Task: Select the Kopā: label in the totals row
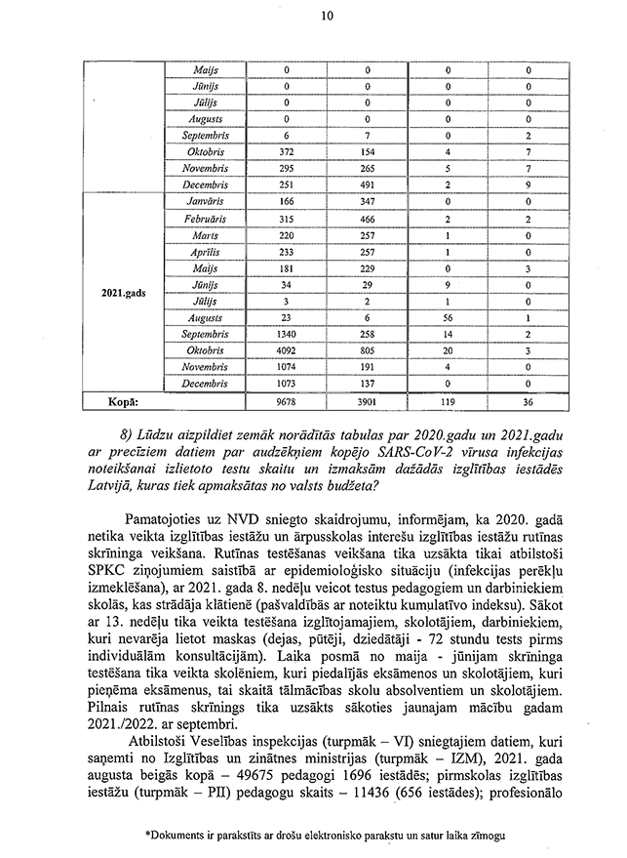[119, 401]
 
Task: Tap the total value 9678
[287, 401]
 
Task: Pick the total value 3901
[368, 401]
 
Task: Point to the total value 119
[448, 401]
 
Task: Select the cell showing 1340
[287, 335]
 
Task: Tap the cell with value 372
[287, 153]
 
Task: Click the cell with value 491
[368, 184]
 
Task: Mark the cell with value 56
[448, 318]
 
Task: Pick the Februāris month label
[206, 220]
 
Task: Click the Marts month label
[206, 235]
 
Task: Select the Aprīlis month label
[206, 252]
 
